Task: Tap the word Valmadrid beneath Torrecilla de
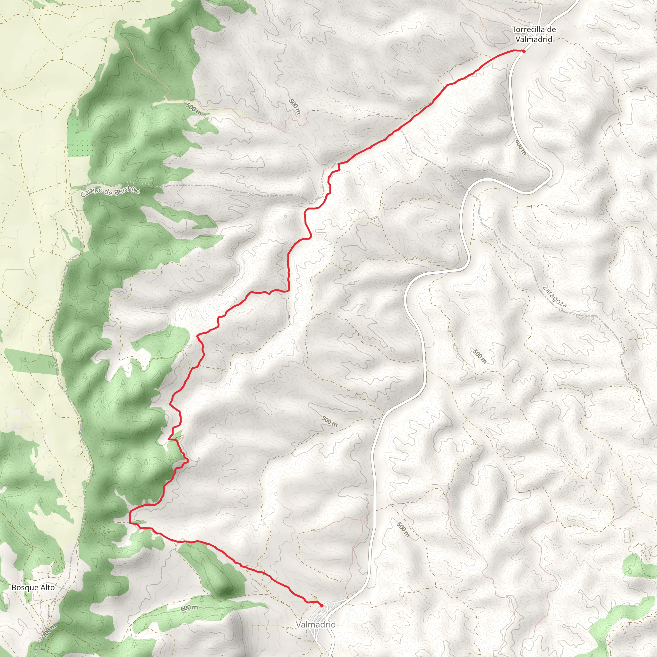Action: tap(533, 39)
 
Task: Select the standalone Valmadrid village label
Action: tap(316, 624)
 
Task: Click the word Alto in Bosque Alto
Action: tap(47, 587)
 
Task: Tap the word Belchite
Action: tap(127, 191)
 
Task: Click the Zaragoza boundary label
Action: tap(554, 296)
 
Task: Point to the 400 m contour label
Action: tap(521, 147)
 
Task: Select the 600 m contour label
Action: tap(189, 608)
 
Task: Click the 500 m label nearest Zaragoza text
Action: tap(480, 356)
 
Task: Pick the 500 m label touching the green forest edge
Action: tap(193, 108)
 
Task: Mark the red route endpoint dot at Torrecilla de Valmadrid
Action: tap(524, 51)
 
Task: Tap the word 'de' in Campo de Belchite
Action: tap(108, 192)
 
